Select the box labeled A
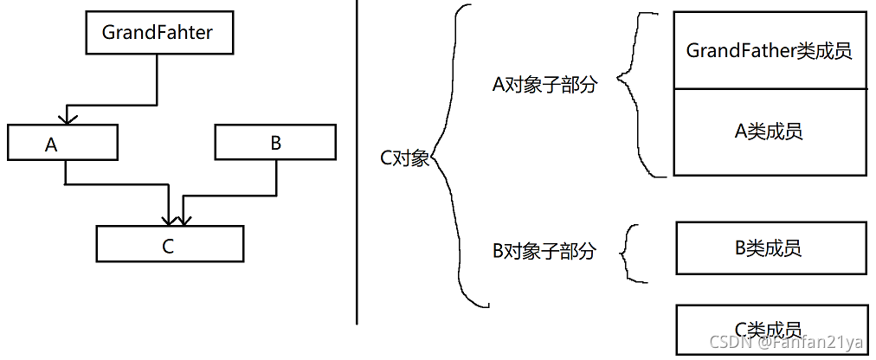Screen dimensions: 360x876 click(63, 143)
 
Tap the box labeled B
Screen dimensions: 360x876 click(275, 143)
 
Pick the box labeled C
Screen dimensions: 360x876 click(170, 244)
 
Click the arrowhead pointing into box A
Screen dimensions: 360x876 click(67, 118)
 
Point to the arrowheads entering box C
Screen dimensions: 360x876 click(176, 217)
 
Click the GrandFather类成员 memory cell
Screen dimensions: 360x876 click(770, 50)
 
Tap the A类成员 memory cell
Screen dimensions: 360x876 click(770, 132)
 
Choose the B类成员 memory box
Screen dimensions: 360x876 click(770, 248)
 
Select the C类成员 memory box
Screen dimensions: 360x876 click(770, 329)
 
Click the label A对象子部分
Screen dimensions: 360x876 click(544, 85)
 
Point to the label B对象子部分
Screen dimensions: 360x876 click(544, 252)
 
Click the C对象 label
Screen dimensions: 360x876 click(404, 158)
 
